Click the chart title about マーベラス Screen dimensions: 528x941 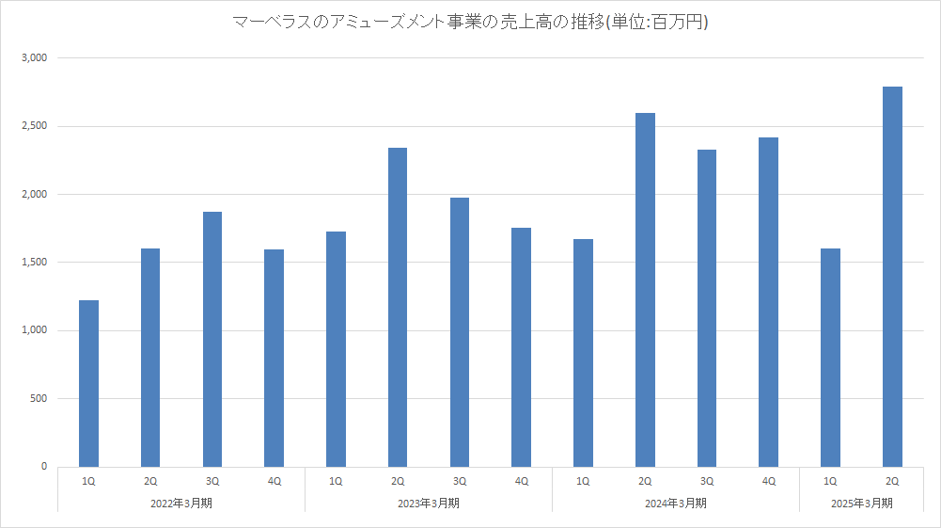[x=470, y=22]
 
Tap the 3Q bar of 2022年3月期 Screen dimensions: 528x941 [x=212, y=339]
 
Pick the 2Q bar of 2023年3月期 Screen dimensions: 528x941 [x=398, y=307]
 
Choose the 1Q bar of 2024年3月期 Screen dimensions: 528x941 [x=583, y=353]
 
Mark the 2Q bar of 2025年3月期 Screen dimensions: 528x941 [x=892, y=277]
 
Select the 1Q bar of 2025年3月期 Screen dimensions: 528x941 [x=830, y=358]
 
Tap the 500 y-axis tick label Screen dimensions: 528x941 [x=38, y=398]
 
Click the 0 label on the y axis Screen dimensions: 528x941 [x=43, y=467]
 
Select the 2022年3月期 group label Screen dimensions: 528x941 [x=181, y=504]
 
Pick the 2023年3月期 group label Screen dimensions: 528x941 [x=429, y=504]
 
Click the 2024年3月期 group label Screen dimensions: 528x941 [x=676, y=504]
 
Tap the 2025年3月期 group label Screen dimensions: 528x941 [x=861, y=504]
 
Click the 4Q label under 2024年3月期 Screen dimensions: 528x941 [x=768, y=481]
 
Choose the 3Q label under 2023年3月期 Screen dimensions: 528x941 [x=460, y=481]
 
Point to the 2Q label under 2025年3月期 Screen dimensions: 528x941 [x=892, y=481]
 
